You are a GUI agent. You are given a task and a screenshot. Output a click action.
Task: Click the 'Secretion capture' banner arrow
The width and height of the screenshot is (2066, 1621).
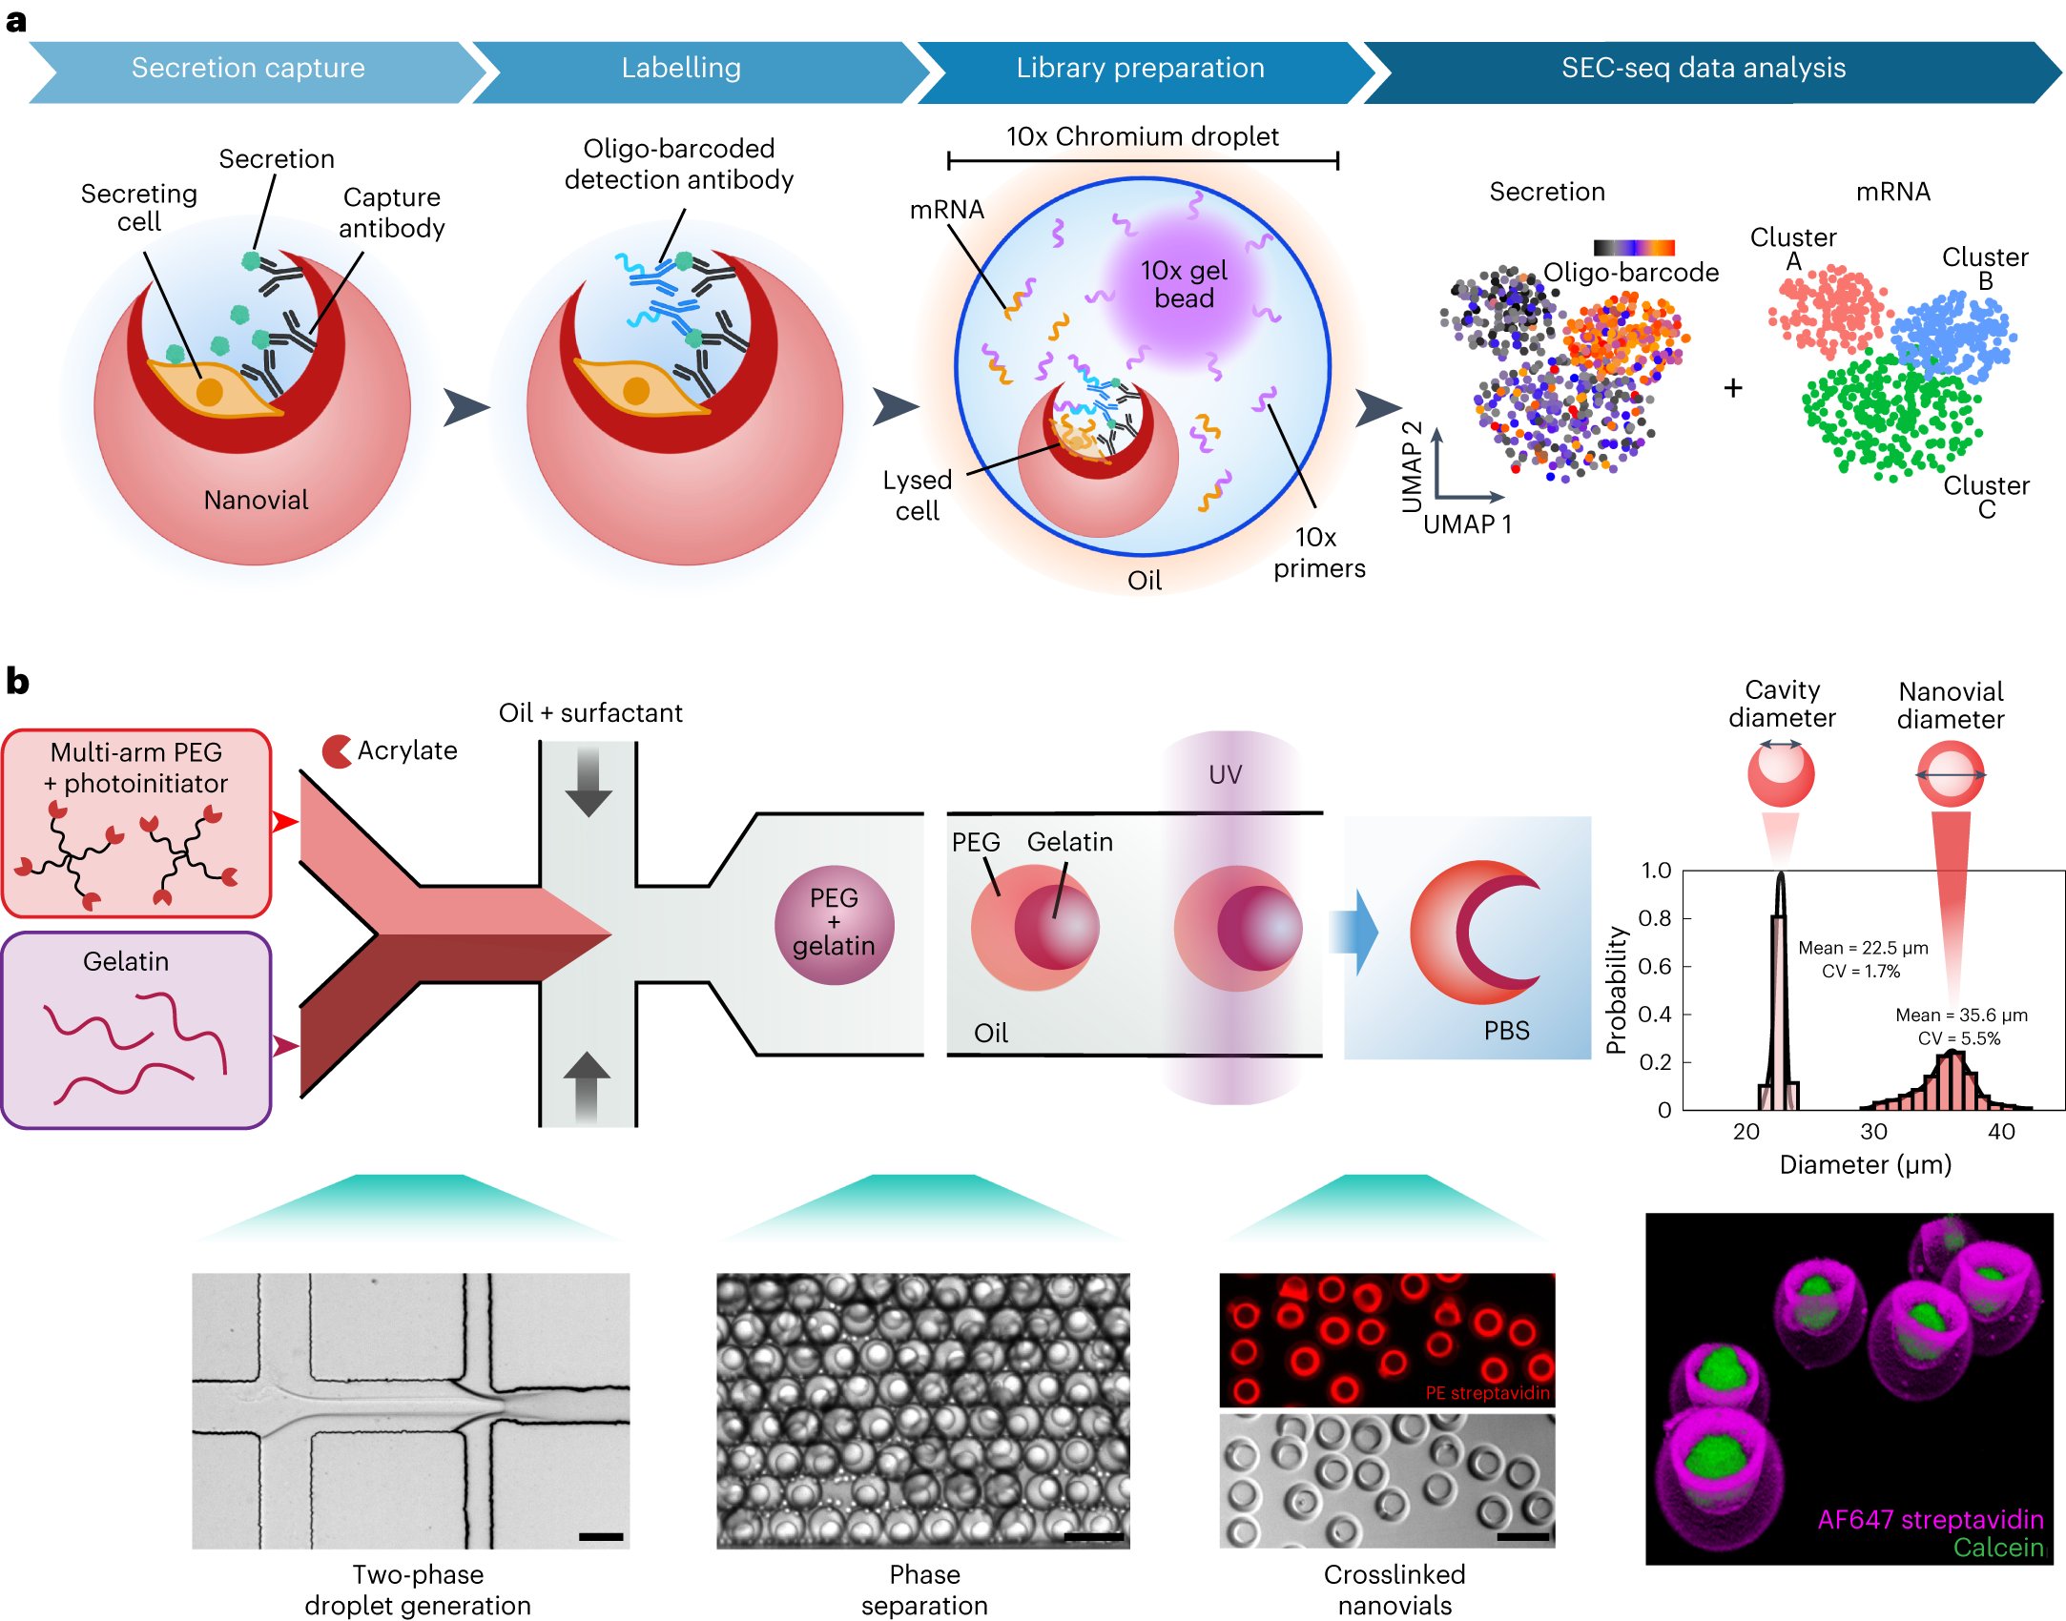(x=248, y=69)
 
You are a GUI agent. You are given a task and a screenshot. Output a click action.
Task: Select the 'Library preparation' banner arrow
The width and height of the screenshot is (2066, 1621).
(x=1140, y=69)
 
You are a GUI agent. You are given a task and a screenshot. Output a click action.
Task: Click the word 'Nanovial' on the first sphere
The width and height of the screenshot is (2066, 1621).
(x=256, y=500)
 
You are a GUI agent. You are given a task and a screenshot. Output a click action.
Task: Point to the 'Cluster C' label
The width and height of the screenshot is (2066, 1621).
(x=1987, y=497)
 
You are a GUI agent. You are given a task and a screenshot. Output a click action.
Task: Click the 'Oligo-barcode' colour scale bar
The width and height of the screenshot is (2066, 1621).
(x=1634, y=248)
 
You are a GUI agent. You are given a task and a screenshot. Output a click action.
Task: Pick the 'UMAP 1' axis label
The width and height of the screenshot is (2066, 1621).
(x=1467, y=524)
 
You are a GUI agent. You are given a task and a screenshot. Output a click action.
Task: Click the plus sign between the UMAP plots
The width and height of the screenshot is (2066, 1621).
(x=1733, y=388)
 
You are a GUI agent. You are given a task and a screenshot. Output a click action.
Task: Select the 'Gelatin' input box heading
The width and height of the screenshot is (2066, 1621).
(x=126, y=961)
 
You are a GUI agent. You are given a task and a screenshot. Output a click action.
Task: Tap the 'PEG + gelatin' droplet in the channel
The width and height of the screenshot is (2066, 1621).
(x=834, y=923)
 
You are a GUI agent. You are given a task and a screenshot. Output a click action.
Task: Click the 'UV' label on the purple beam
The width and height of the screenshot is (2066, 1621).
(x=1225, y=774)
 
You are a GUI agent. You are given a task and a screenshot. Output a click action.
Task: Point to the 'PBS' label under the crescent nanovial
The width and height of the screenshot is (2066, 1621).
(x=1506, y=1031)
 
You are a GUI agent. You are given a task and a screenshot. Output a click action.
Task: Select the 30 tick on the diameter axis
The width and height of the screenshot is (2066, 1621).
(x=1873, y=1132)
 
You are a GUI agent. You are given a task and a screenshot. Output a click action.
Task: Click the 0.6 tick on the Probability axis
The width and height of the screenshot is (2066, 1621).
(x=1654, y=966)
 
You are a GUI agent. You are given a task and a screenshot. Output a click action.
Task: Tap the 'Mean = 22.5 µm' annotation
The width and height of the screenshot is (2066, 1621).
(x=1862, y=948)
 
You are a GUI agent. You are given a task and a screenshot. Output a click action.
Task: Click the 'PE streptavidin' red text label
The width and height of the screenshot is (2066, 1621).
(x=1487, y=1393)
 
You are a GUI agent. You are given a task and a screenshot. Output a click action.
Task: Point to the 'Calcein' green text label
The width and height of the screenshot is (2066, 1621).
(x=1997, y=1548)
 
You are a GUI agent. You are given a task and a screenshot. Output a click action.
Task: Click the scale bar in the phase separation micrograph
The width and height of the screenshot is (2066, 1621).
(x=1093, y=1535)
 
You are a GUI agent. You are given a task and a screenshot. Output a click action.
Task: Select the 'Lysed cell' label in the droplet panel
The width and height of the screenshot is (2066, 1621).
(x=917, y=495)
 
